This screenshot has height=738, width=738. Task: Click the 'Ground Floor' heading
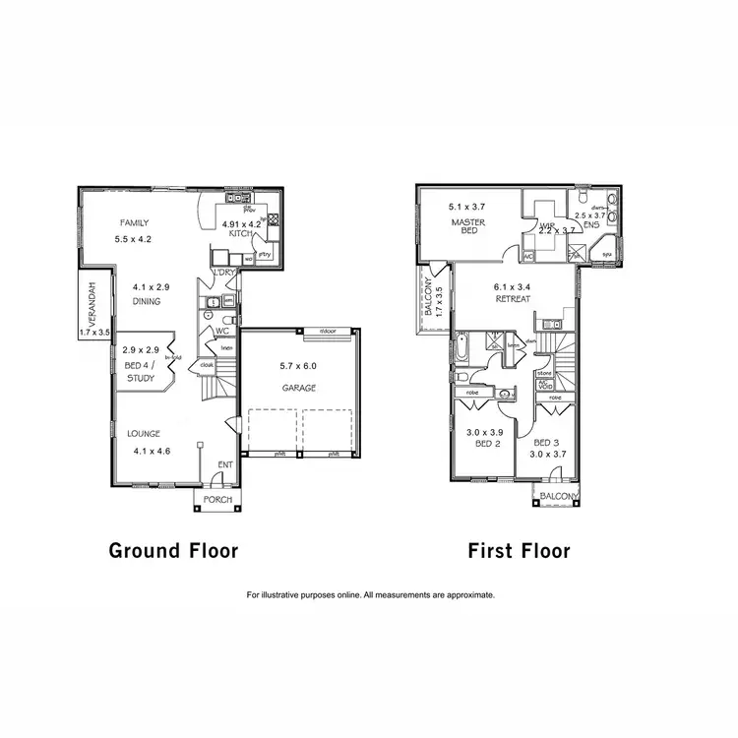pos(173,550)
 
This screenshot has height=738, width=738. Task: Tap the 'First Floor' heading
pos(519,550)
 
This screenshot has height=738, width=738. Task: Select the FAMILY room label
pos(134,223)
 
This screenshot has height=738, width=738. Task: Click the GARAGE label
pos(299,388)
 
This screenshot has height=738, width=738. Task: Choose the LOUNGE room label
pos(143,433)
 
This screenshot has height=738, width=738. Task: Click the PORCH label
pos(217,500)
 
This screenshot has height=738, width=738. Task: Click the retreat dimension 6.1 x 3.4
pos(513,287)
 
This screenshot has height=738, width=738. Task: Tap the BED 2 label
pos(482,445)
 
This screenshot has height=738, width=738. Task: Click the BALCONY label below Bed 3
pos(558,497)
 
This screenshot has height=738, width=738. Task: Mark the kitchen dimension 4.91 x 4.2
pos(241,224)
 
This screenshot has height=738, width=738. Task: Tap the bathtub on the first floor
pos(461,351)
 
